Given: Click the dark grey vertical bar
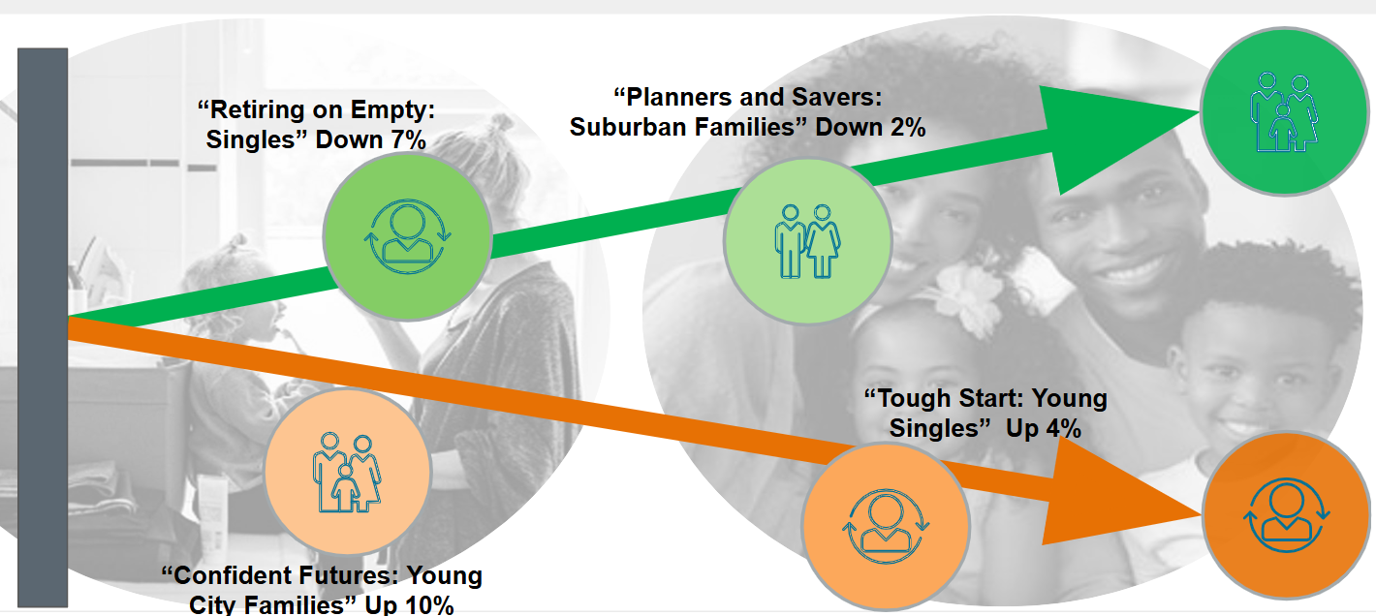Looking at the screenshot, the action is [43, 327].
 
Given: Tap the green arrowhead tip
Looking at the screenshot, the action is [1199, 111].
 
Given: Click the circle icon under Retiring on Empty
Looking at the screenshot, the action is [407, 236].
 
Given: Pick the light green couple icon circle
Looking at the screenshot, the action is [808, 241].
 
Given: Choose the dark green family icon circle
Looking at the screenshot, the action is [1285, 111].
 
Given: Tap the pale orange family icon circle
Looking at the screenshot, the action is [348, 473].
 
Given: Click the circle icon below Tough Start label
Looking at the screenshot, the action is [886, 526].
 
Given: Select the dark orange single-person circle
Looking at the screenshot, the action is [1286, 514].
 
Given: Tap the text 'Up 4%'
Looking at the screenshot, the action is [1043, 428].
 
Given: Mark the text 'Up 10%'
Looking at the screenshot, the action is [409, 604].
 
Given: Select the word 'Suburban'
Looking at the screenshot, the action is [627, 127].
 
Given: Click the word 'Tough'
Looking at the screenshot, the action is [908, 399].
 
